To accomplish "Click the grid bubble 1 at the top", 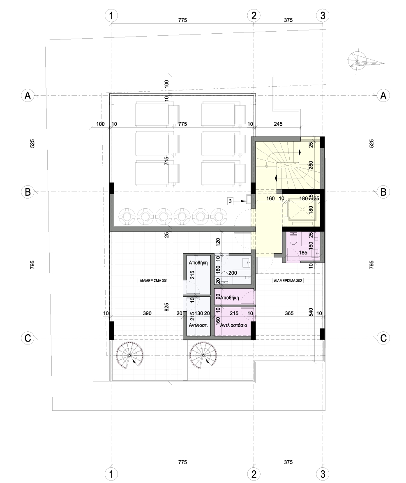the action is [111, 15].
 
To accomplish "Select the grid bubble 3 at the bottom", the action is [323, 474].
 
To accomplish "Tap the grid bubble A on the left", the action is [28, 95].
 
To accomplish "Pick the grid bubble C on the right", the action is [383, 338].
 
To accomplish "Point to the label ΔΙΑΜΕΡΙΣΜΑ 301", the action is [154, 281].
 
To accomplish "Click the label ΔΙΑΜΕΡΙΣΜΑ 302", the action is [288, 281].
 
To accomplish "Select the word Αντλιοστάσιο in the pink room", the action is [233, 325].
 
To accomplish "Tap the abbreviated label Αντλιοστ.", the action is [198, 325].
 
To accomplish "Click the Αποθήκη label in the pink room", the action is [230, 298].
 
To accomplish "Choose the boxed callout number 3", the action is [230, 201].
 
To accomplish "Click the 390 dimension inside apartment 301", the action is [147, 313].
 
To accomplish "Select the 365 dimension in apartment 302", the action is [289, 313].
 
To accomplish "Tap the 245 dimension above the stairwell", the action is [278, 124].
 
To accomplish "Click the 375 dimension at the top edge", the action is [288, 20].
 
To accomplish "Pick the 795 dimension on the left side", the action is [32, 265].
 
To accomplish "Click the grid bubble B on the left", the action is [28, 192].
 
